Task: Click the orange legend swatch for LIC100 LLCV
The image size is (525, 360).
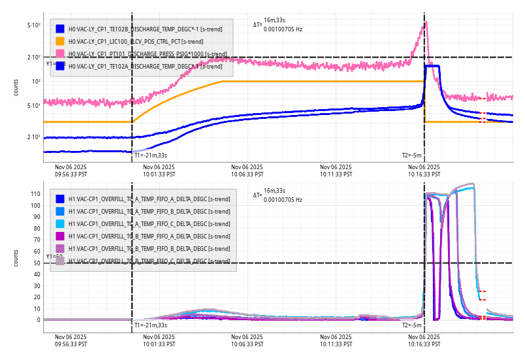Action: click(x=60, y=41)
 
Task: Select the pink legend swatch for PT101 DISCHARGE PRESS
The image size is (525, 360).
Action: click(x=60, y=54)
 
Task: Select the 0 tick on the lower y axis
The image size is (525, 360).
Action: click(x=38, y=320)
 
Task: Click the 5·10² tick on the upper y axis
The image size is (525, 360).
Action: click(x=34, y=25)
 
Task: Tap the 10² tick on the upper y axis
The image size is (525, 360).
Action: click(x=36, y=82)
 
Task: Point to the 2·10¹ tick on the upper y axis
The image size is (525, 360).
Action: click(x=34, y=137)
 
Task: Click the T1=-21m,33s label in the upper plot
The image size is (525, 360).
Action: click(x=151, y=155)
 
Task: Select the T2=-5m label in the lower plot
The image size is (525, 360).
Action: click(x=411, y=325)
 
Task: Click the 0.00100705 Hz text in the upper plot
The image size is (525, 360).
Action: click(x=283, y=29)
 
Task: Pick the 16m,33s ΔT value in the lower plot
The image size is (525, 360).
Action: click(x=274, y=190)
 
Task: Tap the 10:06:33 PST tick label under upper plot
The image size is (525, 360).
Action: click(x=247, y=171)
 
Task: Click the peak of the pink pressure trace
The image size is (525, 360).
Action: click(x=426, y=22)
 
